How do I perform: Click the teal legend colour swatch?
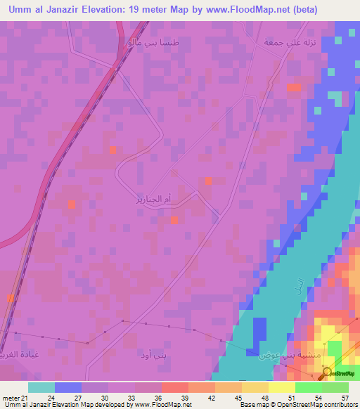point(41,387)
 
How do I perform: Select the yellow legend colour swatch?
point(282,387)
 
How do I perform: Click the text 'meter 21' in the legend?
point(15,398)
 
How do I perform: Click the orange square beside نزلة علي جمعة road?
point(293,87)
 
